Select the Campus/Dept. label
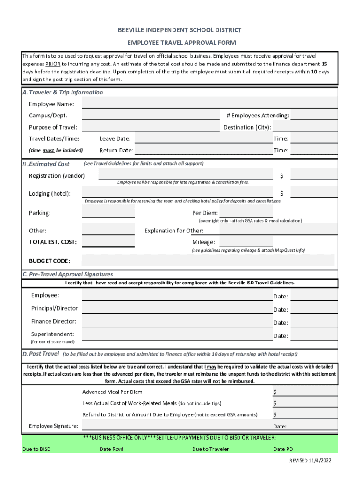(x=48, y=116)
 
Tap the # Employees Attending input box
(x=314, y=115)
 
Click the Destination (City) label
(x=247, y=127)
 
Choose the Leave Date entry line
(x=203, y=138)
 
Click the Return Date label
(x=116, y=151)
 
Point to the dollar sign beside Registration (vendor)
(x=282, y=176)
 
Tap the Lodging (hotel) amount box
(x=314, y=193)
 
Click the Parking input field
(x=108, y=212)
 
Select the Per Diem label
(x=205, y=213)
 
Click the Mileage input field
(x=246, y=241)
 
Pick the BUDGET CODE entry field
(x=209, y=261)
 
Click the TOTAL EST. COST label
(x=53, y=242)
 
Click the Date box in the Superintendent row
(x=314, y=335)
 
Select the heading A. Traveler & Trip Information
(x=63, y=93)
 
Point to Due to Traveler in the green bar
(x=210, y=449)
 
